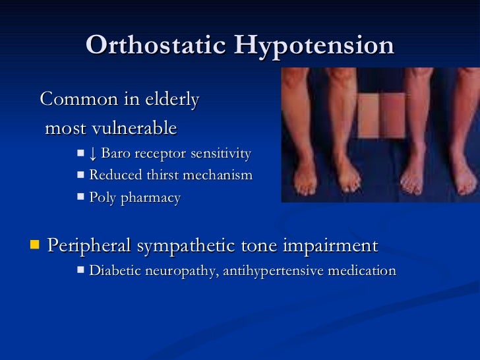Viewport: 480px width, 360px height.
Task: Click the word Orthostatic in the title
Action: pos(156,45)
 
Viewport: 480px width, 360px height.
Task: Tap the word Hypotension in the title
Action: pos(315,45)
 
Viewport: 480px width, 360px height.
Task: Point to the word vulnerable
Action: pos(138,127)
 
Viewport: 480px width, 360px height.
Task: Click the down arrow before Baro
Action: pos(93,154)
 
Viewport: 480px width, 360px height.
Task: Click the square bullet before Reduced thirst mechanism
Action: pos(80,175)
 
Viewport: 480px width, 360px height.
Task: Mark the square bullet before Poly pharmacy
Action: pos(80,197)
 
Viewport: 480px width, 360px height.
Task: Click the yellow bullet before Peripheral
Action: pos(35,246)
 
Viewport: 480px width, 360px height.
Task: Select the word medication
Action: pos(362,270)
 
